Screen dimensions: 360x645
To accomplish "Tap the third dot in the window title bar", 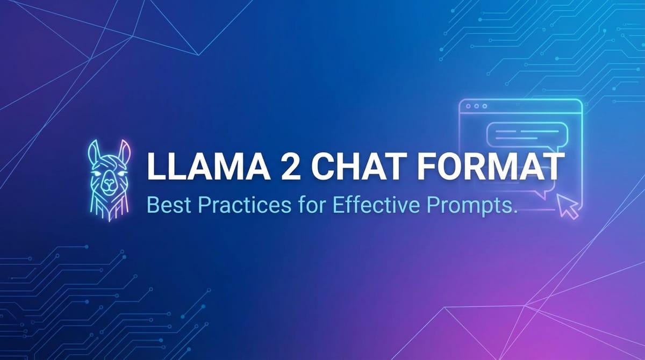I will pyautogui.click(x=485, y=107).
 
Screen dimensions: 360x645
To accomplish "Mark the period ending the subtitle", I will pyautogui.click(x=514, y=213).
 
